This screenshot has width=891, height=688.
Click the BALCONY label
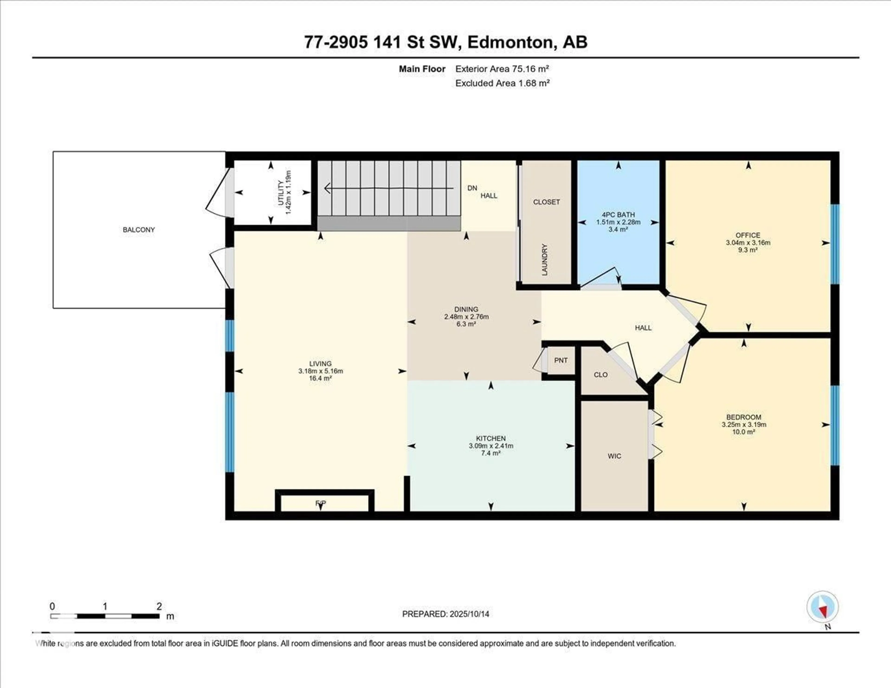[x=139, y=230]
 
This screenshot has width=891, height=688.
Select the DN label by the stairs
[x=472, y=188]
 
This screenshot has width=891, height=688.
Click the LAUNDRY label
[x=544, y=260]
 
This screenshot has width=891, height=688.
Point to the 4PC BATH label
[x=618, y=215]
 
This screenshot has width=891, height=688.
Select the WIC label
[x=614, y=456]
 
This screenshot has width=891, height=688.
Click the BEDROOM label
[x=743, y=417]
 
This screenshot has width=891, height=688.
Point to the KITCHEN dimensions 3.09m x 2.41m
[x=491, y=446]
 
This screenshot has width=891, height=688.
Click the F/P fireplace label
[x=321, y=504]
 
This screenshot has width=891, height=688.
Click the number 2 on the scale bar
[x=159, y=606]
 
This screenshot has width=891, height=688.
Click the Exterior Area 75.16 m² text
[x=502, y=69]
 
